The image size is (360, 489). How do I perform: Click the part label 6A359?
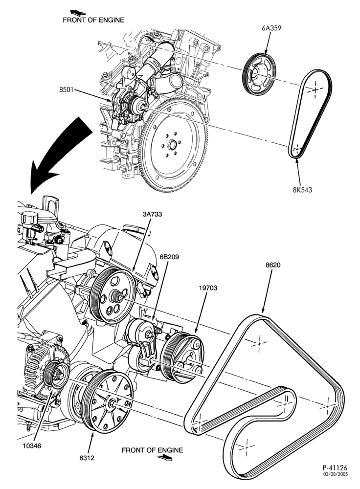271,28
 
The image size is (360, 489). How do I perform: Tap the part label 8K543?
302,189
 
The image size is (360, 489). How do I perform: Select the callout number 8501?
66,90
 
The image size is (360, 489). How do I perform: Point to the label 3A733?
152,214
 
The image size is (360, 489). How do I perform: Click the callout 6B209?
169,257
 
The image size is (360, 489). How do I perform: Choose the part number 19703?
208,288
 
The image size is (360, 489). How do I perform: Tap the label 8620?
273,265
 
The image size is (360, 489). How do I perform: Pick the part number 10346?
32,445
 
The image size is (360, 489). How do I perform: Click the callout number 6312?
87,458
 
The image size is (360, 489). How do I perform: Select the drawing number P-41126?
335,467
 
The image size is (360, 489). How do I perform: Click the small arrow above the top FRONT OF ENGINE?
78,13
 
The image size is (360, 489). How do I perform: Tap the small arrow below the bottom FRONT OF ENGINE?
165,458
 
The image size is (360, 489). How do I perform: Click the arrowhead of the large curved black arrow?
39,179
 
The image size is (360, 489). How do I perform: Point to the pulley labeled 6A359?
259,74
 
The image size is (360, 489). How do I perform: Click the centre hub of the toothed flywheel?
172,145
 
